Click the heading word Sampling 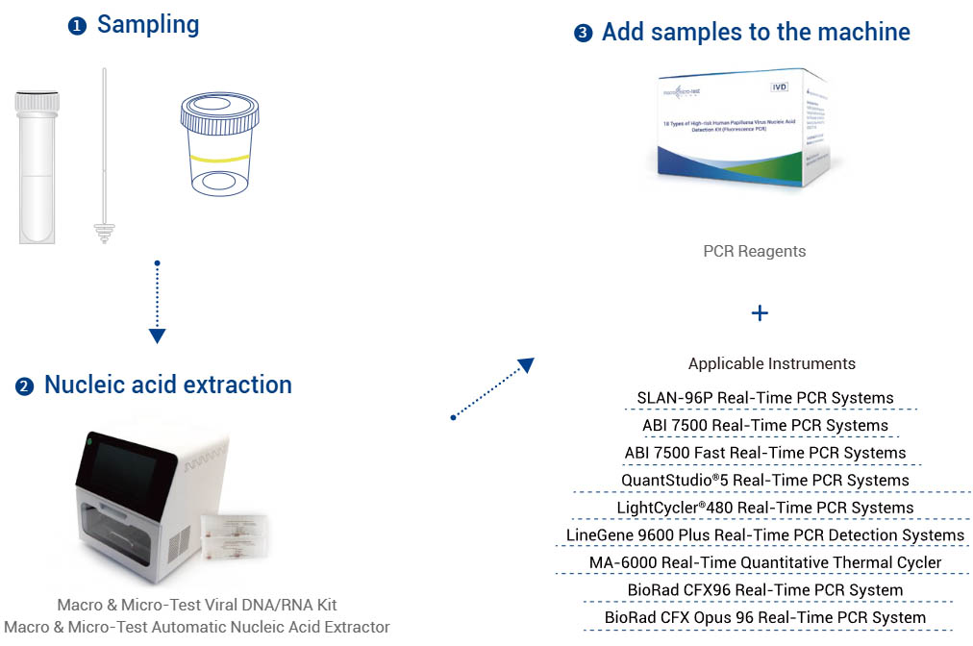click(x=148, y=25)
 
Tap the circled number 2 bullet click(x=25, y=386)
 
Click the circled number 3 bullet click(x=583, y=34)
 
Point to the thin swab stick click(x=102, y=154)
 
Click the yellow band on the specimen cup click(x=220, y=156)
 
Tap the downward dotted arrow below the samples click(x=158, y=302)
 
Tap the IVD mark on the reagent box click(x=780, y=87)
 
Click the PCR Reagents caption click(x=755, y=252)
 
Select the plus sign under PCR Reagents click(x=760, y=313)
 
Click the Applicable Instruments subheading click(x=771, y=364)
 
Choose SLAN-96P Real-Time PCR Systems click(x=765, y=398)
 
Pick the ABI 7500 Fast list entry click(x=765, y=453)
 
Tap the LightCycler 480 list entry click(x=765, y=508)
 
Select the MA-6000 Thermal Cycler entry click(x=765, y=562)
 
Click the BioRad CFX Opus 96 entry click(x=765, y=617)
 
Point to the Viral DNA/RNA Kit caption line click(x=197, y=606)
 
